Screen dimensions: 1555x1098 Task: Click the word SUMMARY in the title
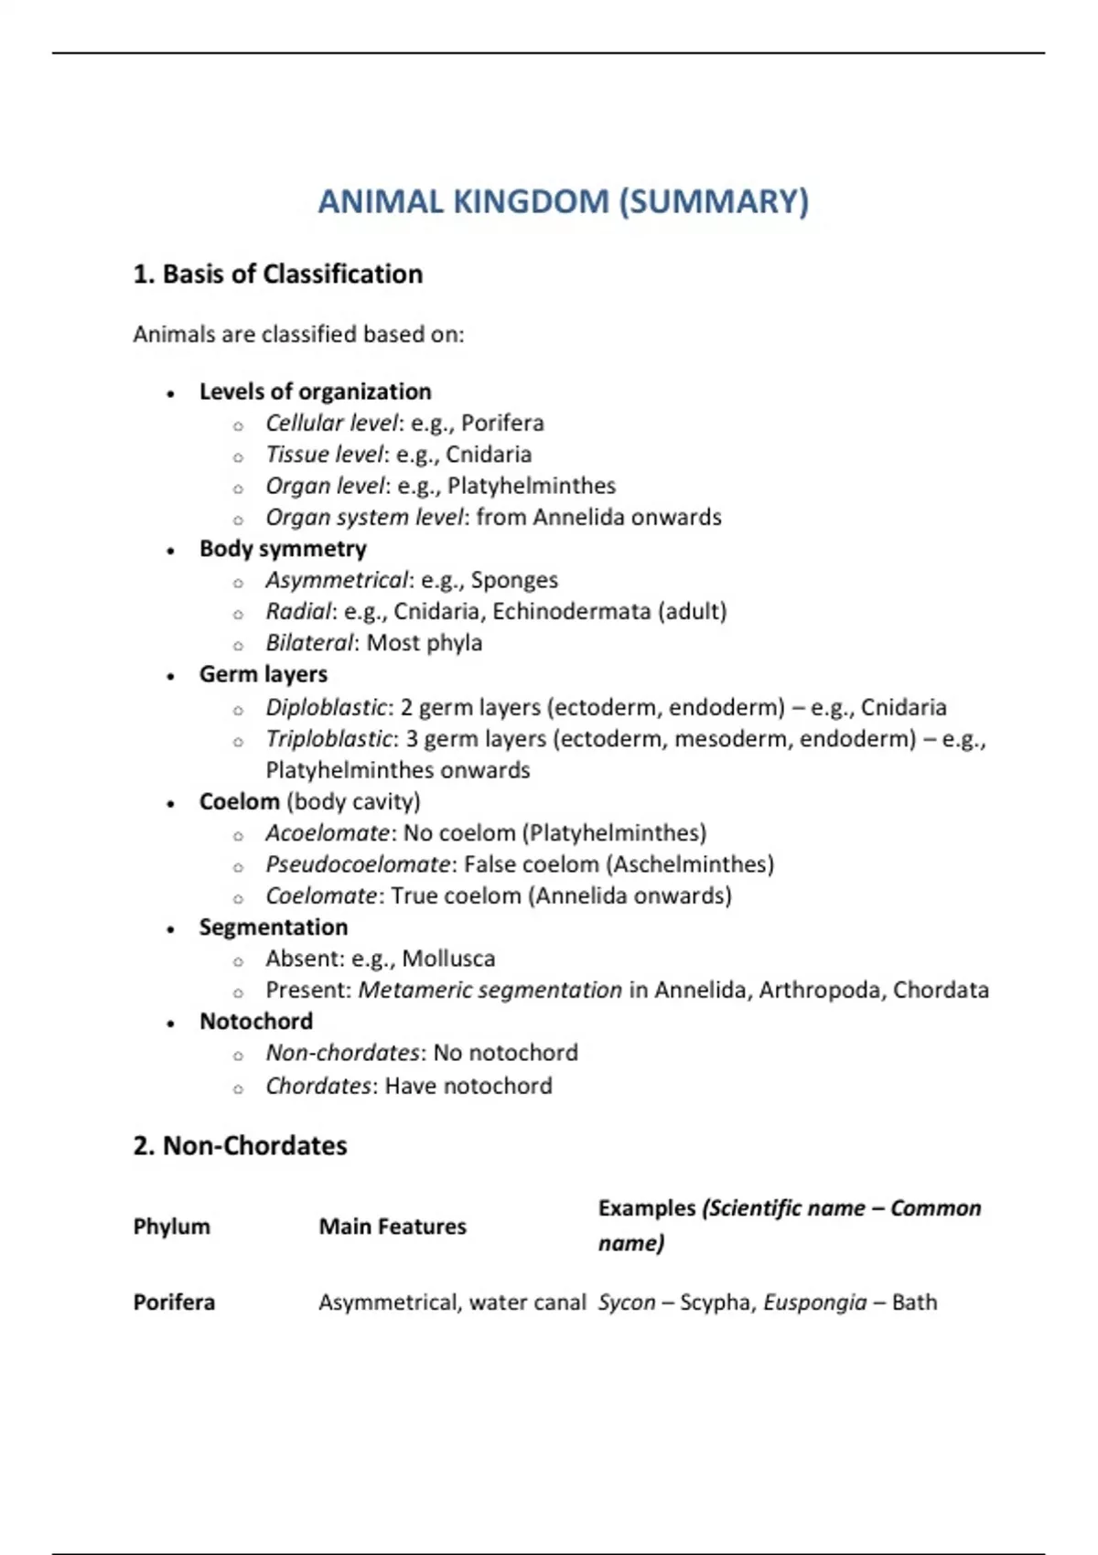(715, 201)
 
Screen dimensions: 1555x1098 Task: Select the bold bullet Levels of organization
(315, 391)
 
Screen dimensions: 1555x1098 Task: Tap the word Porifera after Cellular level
(502, 423)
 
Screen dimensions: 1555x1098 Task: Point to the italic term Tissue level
(325, 455)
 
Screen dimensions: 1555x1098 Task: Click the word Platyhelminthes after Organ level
(532, 486)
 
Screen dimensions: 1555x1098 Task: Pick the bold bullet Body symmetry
(283, 549)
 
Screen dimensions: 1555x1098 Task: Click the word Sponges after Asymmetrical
(514, 580)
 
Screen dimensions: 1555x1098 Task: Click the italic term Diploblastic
(326, 707)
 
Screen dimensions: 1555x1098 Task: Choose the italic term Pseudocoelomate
(358, 864)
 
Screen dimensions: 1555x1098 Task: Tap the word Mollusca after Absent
(448, 959)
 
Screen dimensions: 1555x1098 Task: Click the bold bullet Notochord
(256, 1022)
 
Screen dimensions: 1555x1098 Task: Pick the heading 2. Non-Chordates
(240, 1146)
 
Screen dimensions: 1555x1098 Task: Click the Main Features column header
(393, 1227)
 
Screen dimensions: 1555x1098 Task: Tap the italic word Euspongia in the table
(814, 1303)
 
